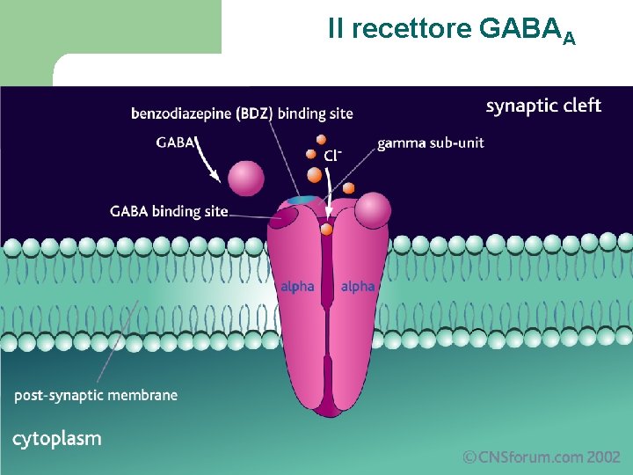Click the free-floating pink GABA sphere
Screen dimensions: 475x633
[245, 178]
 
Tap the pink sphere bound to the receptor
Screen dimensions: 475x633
[374, 210]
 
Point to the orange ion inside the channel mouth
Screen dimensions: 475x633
[327, 230]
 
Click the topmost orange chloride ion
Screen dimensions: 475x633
[322, 139]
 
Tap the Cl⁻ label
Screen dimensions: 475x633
[332, 156]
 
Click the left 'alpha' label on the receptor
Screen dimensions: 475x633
[297, 286]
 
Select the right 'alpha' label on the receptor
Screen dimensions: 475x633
[357, 286]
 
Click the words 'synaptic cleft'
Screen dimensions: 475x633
[543, 106]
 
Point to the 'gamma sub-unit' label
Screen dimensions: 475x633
[431, 142]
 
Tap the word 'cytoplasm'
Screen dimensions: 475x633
[56, 438]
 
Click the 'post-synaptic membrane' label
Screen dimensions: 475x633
[96, 396]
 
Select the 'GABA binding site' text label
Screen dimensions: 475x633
[169, 211]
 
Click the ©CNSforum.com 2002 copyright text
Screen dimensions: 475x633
[542, 457]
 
